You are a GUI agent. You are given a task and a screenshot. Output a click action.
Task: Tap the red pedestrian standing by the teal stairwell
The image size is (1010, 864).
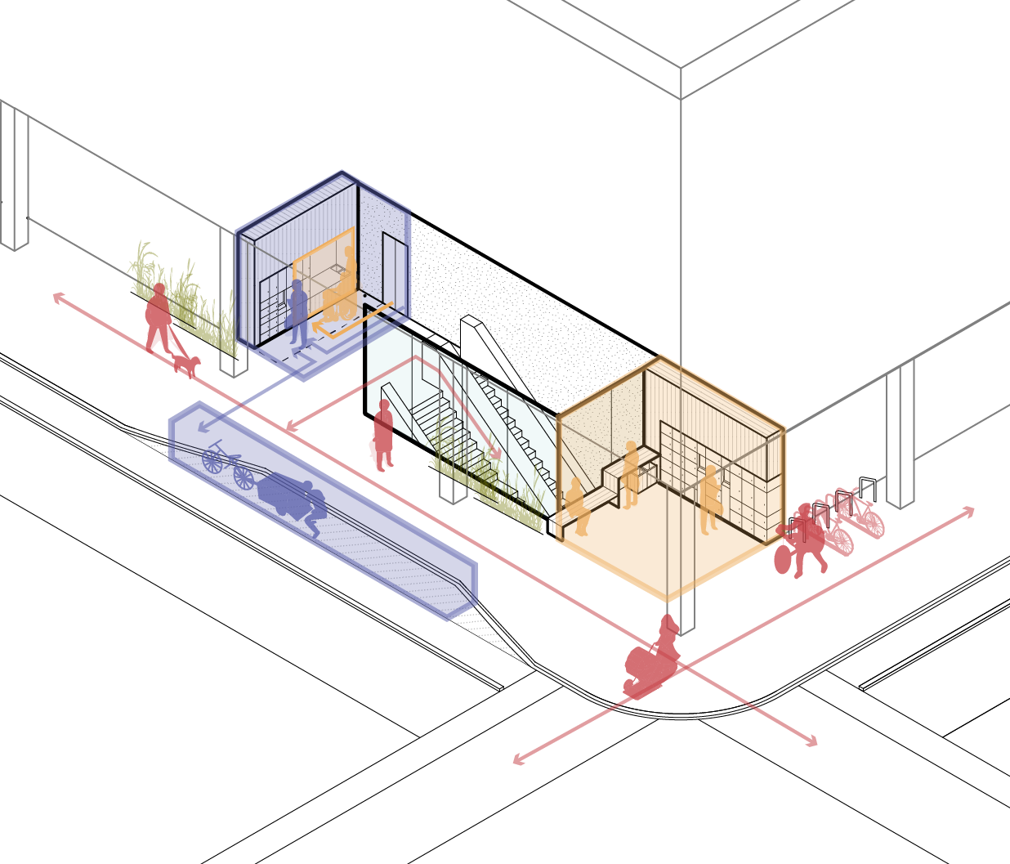[382, 436]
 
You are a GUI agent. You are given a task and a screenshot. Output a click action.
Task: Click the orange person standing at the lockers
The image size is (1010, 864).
[711, 490]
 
